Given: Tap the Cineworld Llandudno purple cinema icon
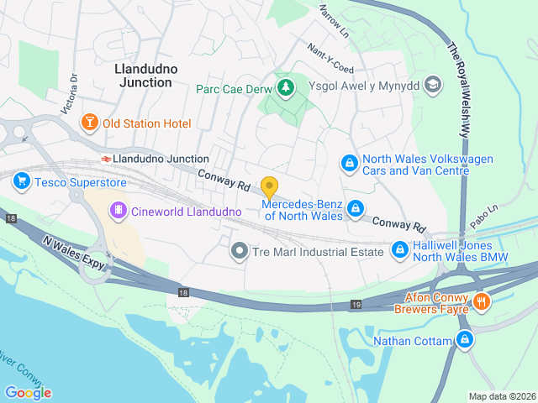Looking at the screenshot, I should [x=119, y=211].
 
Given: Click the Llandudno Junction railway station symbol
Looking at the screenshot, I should [x=106, y=159].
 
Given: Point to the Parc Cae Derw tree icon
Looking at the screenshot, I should [x=287, y=87].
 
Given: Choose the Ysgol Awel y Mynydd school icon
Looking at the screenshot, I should [x=433, y=84].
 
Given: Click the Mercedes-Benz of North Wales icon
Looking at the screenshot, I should [x=356, y=207].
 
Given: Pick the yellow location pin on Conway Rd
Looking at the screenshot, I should [x=269, y=187].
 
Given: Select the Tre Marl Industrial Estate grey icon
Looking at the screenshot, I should [x=240, y=250].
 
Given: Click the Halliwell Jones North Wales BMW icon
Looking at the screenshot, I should [x=400, y=249].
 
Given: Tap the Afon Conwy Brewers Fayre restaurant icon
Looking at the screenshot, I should [x=482, y=301].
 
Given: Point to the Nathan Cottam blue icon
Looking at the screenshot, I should [x=464, y=340].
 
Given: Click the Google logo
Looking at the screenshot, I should [x=28, y=392].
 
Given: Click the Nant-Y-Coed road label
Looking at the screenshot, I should [x=330, y=59].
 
